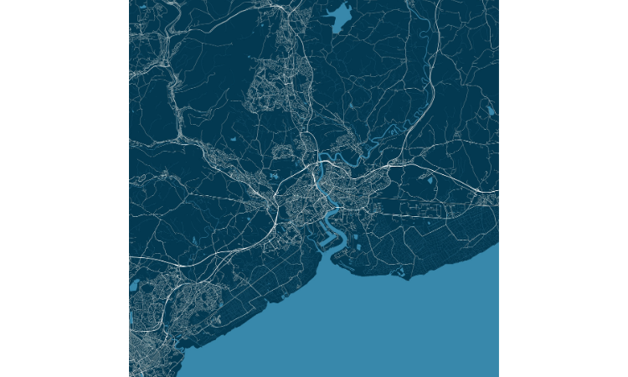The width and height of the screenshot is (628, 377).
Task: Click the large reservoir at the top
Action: coord(341,17)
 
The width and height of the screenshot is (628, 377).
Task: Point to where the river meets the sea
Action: coord(335,256)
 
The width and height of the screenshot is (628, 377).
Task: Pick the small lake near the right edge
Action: coord(490,111)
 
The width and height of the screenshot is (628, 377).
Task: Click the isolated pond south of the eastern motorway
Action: coord(430,179)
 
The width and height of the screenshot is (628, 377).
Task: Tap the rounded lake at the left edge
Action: coord(134,286)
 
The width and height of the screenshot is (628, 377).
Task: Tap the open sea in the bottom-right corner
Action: coord(452,335)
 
